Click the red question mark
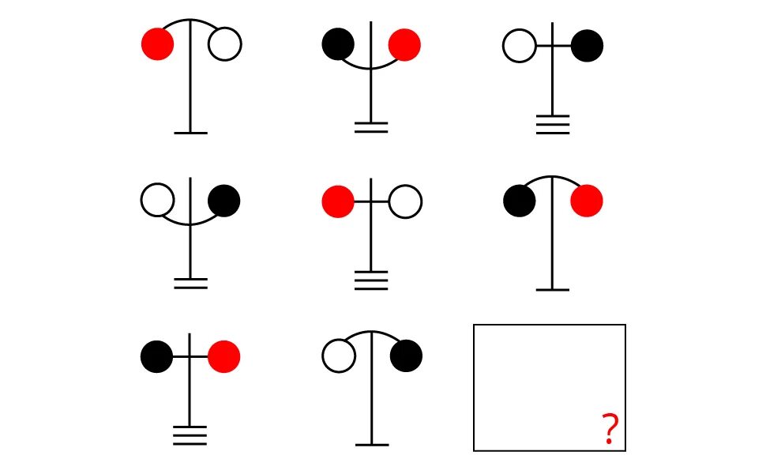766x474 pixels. (x=609, y=430)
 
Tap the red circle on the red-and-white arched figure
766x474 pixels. (x=157, y=44)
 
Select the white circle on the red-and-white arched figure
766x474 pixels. (x=225, y=44)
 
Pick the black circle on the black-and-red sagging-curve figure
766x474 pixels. (x=338, y=44)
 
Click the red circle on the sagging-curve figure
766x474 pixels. (x=404, y=44)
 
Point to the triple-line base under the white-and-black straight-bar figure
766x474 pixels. (x=553, y=125)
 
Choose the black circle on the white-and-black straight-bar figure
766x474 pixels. (x=587, y=46)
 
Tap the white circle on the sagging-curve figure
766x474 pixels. (x=157, y=200)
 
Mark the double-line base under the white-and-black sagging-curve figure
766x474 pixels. (x=190, y=284)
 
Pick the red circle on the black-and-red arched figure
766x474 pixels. (x=587, y=201)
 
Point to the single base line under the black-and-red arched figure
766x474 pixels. (x=553, y=290)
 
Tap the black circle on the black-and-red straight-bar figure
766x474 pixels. (x=157, y=356)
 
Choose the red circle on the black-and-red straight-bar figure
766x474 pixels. (x=224, y=356)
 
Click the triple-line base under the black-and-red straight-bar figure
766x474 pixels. (x=190, y=435)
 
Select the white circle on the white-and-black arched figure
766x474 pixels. (x=338, y=356)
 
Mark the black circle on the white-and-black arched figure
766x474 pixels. (x=406, y=356)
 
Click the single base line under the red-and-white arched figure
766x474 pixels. (x=190, y=133)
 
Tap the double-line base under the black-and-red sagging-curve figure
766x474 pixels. (x=371, y=127)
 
